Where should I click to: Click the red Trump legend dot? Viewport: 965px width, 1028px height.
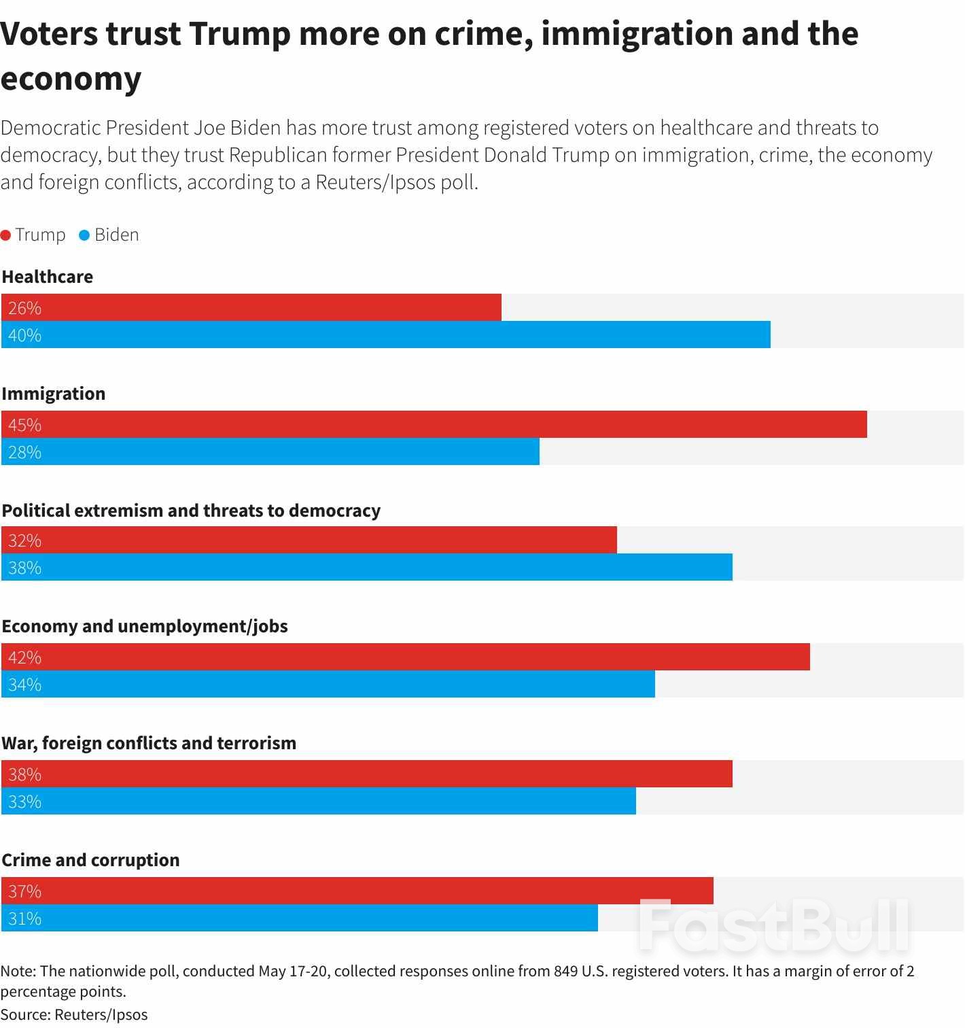(x=6, y=235)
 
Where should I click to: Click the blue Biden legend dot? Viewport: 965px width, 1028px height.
(x=85, y=235)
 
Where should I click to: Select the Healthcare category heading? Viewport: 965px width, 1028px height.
(x=48, y=277)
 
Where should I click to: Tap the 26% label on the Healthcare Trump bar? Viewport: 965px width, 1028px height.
(x=25, y=308)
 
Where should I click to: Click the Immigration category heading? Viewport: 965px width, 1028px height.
(x=54, y=394)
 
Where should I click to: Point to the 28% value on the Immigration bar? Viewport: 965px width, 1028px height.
(x=25, y=452)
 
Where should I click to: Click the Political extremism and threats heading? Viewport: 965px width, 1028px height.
(x=191, y=511)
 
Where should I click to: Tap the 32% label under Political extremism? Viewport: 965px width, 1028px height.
(x=25, y=541)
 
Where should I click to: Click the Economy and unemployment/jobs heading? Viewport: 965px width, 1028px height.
(x=145, y=626)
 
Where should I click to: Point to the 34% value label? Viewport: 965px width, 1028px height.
(x=25, y=685)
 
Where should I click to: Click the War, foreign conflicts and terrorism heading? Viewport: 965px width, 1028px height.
(x=149, y=743)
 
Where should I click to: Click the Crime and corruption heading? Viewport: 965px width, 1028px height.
(x=90, y=860)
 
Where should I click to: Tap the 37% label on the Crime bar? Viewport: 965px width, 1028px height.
(x=25, y=891)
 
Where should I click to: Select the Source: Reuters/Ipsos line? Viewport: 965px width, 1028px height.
(x=74, y=1014)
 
